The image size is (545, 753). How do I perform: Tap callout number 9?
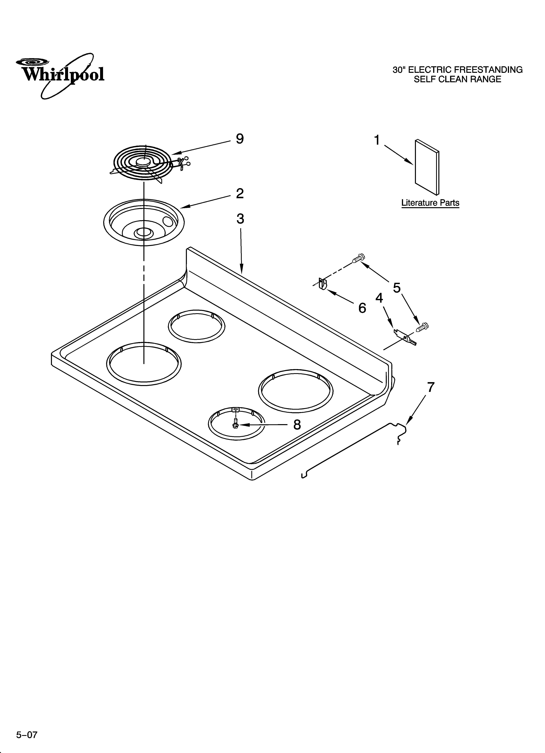click(240, 139)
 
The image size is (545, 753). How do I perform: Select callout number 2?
click(240, 193)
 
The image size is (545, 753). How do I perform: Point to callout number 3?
click(240, 219)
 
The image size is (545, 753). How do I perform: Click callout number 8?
click(297, 425)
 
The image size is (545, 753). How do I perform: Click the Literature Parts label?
click(430, 203)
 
